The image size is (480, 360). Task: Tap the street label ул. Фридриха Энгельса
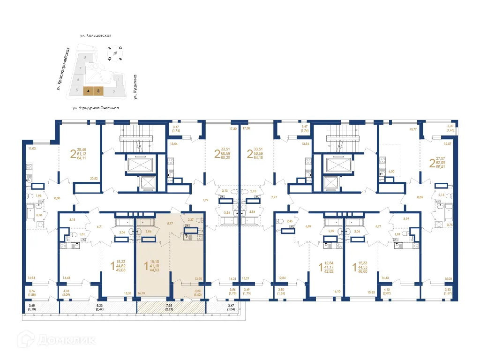(96, 108)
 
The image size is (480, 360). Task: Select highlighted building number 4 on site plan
(88, 91)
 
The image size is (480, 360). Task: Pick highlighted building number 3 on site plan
(98, 91)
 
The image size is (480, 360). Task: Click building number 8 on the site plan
(85, 57)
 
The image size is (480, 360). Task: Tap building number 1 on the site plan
(119, 80)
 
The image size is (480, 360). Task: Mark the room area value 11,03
(32, 149)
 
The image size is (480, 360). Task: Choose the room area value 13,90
(197, 278)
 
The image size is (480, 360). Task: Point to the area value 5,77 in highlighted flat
(171, 224)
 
